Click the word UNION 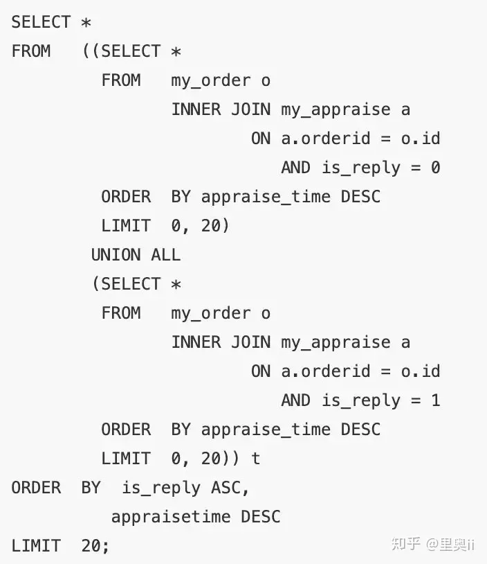click(x=116, y=255)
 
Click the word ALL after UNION click(x=165, y=255)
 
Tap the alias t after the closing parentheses click(x=255, y=459)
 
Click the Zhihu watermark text click(x=433, y=543)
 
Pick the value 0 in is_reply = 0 click(x=435, y=168)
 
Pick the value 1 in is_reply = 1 click(x=436, y=400)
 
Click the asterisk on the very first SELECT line click(x=86, y=22)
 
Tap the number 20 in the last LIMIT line click(x=91, y=546)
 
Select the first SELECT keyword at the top click(x=41, y=22)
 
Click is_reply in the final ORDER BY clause click(x=161, y=488)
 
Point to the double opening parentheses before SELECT click(x=91, y=51)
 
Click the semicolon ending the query click(x=105, y=547)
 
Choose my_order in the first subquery click(x=210, y=81)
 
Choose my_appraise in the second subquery click(x=336, y=343)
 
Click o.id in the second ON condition click(x=421, y=371)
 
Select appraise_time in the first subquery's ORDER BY click(x=266, y=197)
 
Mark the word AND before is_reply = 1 click(x=295, y=400)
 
